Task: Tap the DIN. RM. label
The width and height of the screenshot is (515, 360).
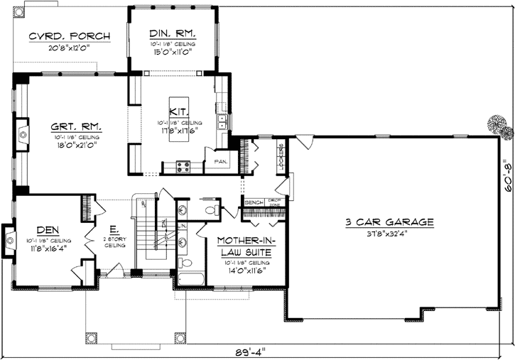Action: click(173, 33)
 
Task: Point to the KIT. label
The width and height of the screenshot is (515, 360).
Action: click(178, 111)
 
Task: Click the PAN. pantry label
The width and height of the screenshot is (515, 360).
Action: click(219, 162)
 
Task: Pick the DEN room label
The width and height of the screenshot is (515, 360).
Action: click(47, 229)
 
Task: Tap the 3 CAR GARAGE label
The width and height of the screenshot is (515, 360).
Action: click(389, 222)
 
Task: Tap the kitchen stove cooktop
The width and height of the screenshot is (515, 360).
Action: click(182, 168)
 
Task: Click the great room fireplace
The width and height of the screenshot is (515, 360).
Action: click(23, 133)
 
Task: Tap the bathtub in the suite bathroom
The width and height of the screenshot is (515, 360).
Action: click(189, 280)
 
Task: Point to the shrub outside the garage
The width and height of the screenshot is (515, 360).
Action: click(498, 125)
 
